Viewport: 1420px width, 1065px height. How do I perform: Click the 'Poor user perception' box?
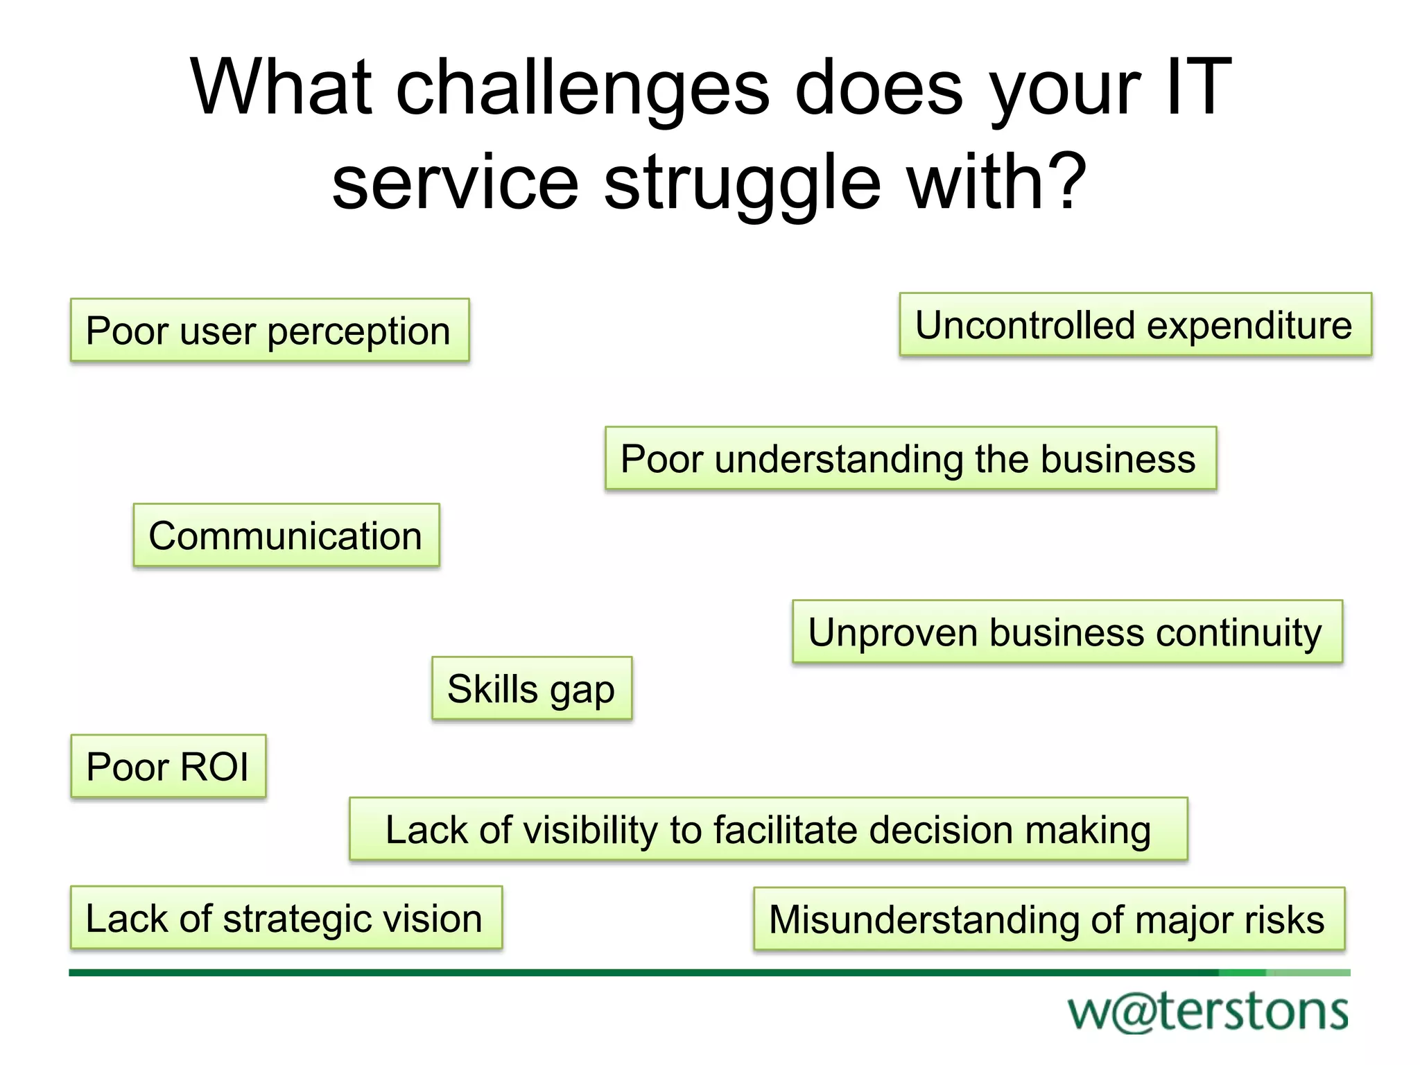click(270, 330)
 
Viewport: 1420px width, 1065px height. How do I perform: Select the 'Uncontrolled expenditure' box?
click(1135, 325)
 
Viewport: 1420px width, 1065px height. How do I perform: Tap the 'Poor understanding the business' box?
click(910, 459)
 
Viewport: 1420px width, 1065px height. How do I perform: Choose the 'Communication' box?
click(286, 536)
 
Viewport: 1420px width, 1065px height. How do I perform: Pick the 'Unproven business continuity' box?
click(1067, 632)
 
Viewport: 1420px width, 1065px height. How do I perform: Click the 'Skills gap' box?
click(532, 689)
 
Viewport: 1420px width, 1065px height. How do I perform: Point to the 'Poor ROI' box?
click(168, 767)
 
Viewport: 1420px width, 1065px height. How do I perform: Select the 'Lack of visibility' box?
click(768, 830)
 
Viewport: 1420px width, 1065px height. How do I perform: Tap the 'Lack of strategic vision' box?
click(286, 918)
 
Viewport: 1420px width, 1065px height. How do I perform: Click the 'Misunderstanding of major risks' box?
click(1048, 919)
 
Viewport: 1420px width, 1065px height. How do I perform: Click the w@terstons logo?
click(1208, 1012)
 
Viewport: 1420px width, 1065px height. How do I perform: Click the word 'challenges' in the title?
click(582, 88)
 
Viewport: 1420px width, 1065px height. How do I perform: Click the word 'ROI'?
click(215, 767)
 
